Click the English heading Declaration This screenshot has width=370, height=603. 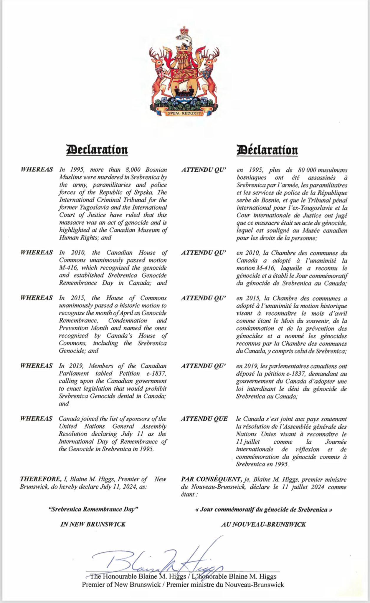[97, 149]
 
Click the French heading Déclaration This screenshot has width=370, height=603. [267, 150]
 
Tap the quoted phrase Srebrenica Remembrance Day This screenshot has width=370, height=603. [93, 509]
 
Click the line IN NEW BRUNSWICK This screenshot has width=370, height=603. [93, 524]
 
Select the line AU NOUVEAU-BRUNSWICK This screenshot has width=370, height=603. [263, 524]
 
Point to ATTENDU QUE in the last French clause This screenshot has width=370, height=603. [204, 419]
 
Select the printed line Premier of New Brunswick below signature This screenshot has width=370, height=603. [121, 584]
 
